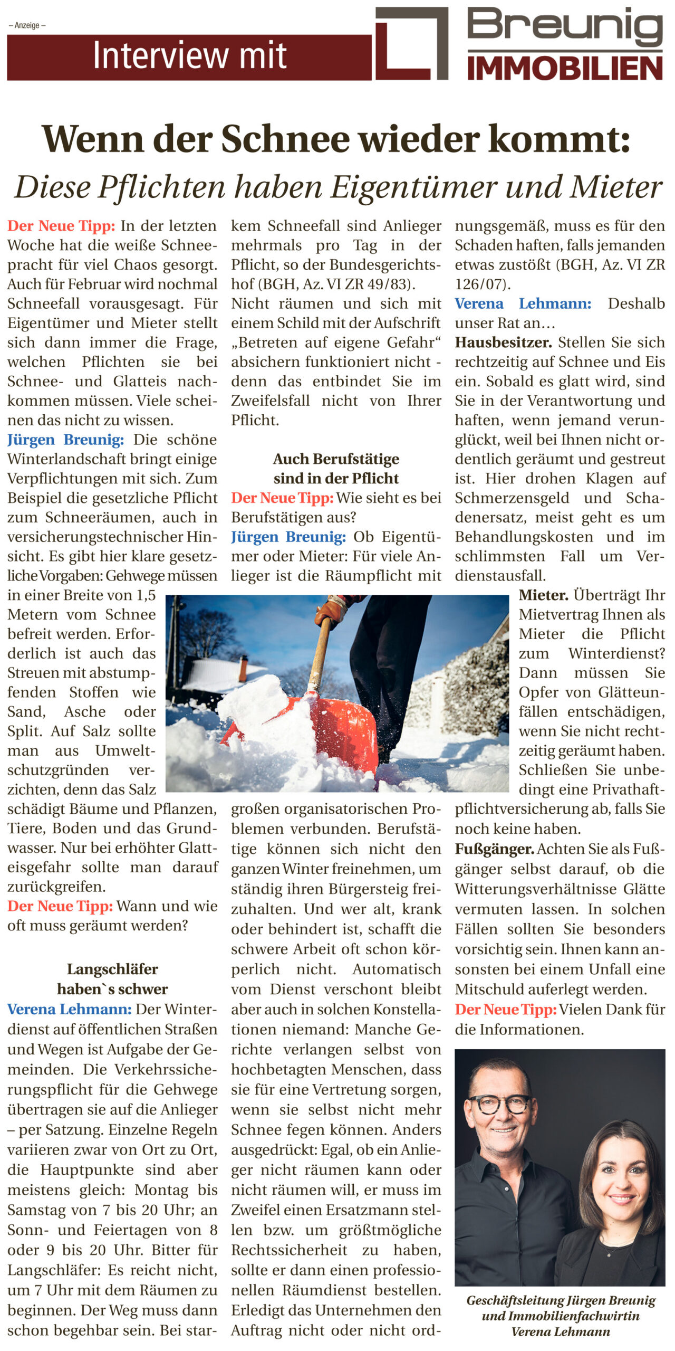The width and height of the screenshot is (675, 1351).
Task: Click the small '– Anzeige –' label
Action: (27, 25)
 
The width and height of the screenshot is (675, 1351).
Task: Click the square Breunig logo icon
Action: (411, 43)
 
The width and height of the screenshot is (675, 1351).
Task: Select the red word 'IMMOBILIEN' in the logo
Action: (565, 69)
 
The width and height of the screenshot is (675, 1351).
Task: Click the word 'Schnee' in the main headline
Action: (285, 139)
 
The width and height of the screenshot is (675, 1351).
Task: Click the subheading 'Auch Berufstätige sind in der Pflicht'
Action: (336, 469)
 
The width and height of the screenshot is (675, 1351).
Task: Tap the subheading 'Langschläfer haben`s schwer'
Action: (112, 979)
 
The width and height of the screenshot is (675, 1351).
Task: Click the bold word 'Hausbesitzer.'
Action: (503, 342)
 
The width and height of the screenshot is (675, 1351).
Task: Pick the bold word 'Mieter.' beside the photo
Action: (543, 595)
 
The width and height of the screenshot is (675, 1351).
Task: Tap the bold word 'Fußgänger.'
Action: (495, 849)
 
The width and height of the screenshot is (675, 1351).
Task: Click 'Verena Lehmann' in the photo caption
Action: (560, 1331)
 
